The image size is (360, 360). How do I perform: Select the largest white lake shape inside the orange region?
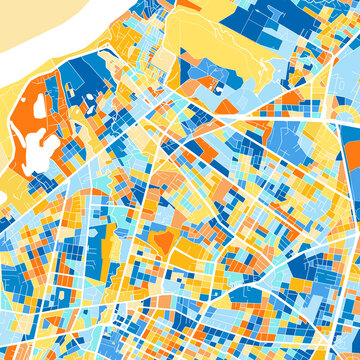42,150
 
